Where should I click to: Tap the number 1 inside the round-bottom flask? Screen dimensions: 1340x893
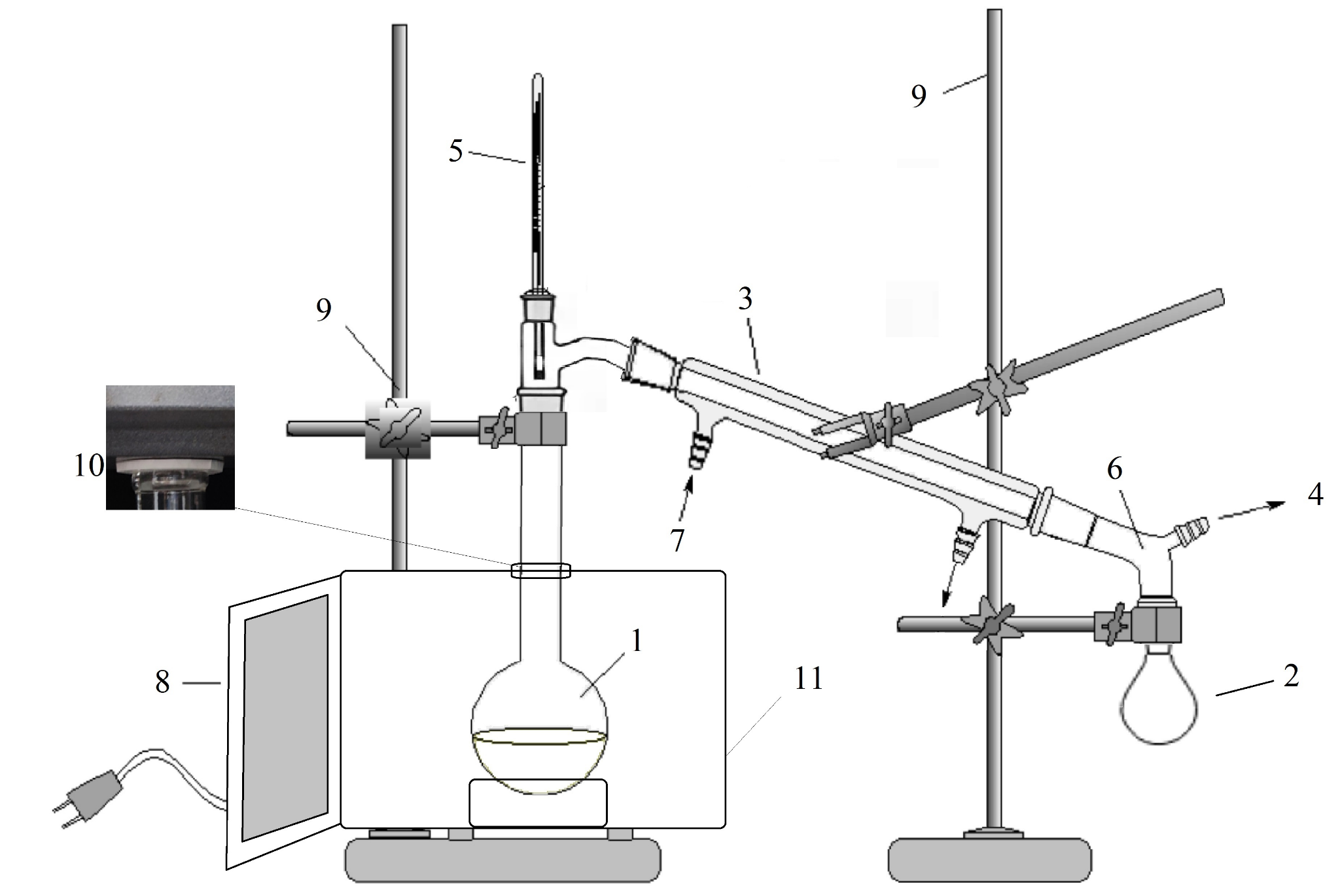(x=635, y=642)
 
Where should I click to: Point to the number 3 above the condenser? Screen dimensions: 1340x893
(x=745, y=299)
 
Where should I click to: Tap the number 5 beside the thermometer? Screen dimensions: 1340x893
(x=456, y=151)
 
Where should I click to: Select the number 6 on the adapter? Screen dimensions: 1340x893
(x=1115, y=469)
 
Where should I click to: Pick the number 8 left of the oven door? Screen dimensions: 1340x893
(x=162, y=682)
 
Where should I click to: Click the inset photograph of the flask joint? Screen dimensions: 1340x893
(x=170, y=447)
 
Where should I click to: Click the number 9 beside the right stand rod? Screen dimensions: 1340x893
(x=919, y=96)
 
